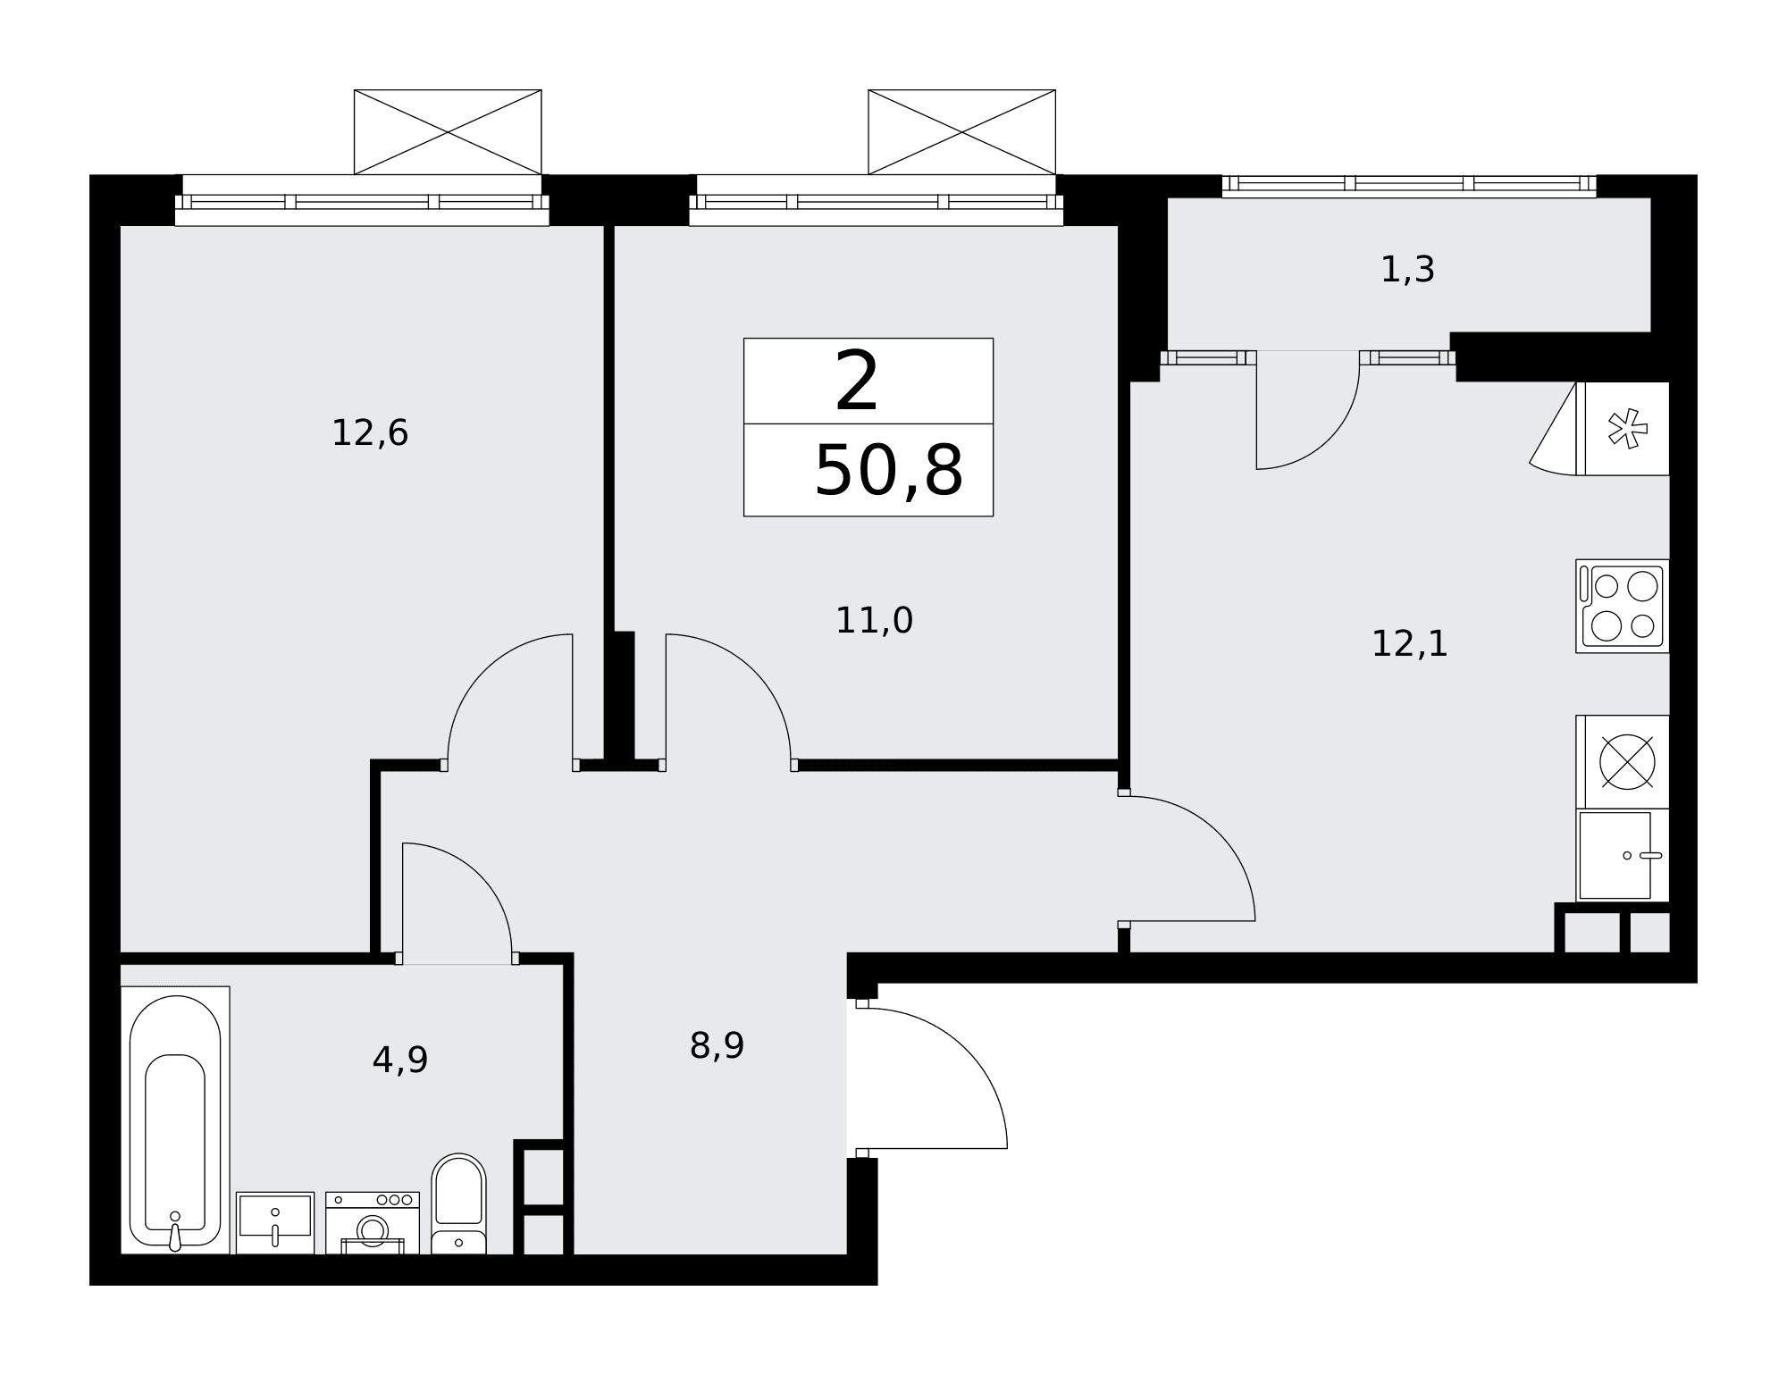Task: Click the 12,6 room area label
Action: (370, 434)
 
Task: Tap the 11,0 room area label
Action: (874, 621)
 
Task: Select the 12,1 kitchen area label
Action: (1409, 644)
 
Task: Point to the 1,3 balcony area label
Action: (1407, 270)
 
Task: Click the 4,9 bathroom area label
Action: (400, 1061)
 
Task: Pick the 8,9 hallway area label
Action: (717, 1045)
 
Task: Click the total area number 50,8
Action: (888, 471)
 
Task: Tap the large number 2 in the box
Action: (856, 381)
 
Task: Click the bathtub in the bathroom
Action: (175, 1120)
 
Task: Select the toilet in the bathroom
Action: (458, 1204)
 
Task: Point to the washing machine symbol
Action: (373, 1223)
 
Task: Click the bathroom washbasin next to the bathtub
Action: (275, 1223)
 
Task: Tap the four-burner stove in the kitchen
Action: (1623, 607)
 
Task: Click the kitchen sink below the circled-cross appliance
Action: (1623, 855)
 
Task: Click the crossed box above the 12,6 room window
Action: (448, 132)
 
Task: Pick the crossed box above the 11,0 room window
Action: (962, 132)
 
